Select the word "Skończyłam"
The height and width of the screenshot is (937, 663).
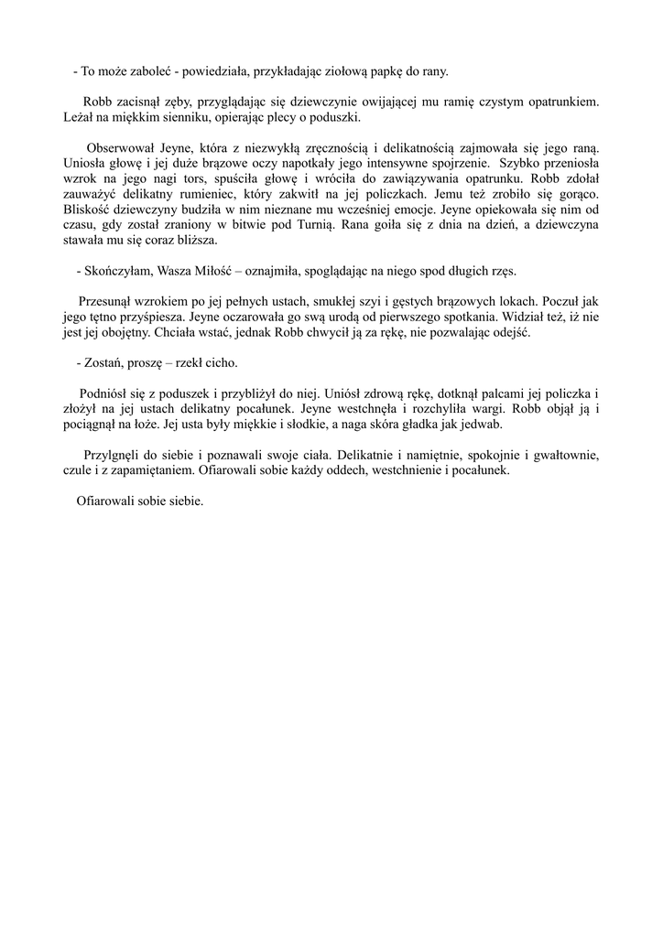118,272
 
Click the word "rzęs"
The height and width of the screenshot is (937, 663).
502,272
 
